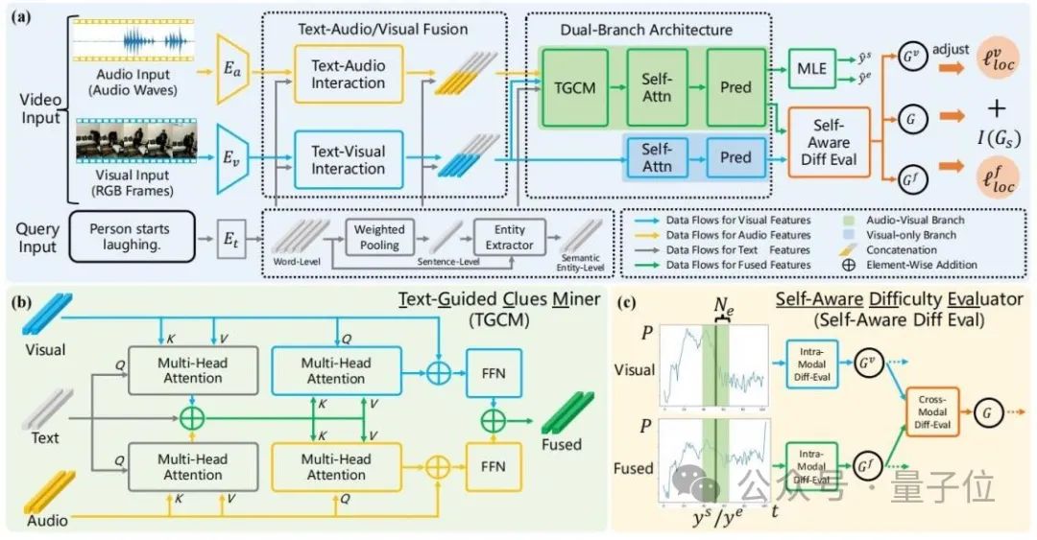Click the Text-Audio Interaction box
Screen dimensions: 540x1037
(x=347, y=74)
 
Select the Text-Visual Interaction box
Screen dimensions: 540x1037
(x=347, y=158)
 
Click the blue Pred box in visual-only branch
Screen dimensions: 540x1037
(x=736, y=157)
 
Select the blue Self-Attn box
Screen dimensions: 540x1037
(x=657, y=157)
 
